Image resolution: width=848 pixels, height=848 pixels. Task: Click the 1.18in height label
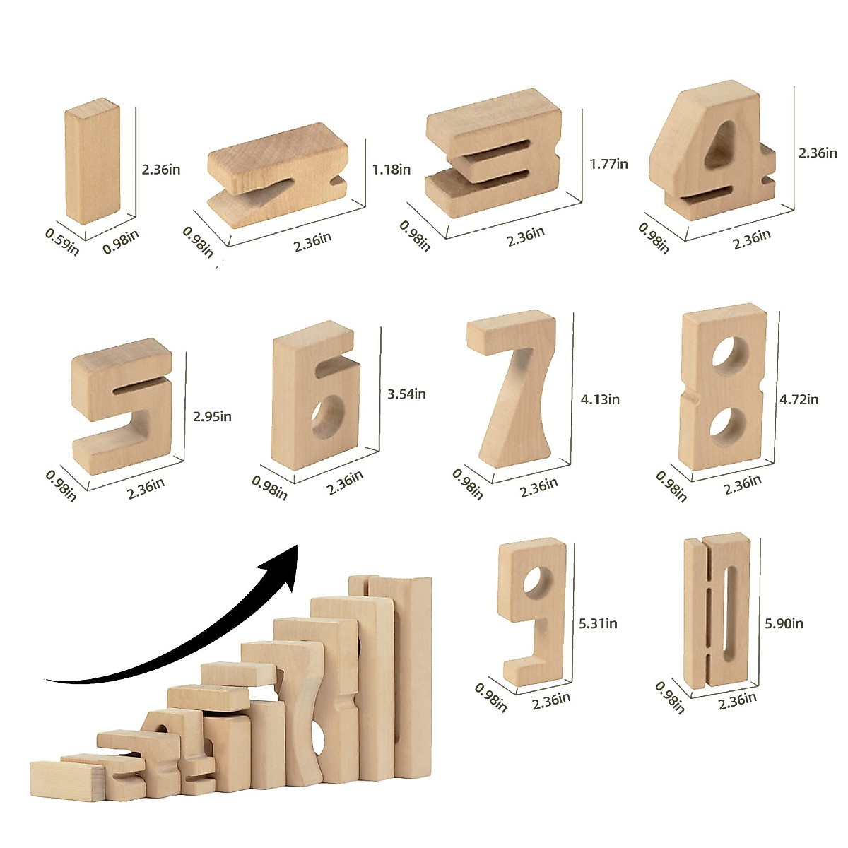tap(391, 170)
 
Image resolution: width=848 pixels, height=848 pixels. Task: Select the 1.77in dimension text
tap(608, 164)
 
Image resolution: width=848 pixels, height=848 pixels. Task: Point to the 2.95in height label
tap(212, 416)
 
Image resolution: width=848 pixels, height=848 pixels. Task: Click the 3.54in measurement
tap(406, 394)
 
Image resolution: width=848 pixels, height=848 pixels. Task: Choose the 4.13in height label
tap(600, 399)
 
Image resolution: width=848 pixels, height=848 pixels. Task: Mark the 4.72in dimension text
tap(799, 399)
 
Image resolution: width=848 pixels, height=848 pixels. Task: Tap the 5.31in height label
tap(598, 623)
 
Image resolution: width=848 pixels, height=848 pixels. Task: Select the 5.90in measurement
tap(784, 623)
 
